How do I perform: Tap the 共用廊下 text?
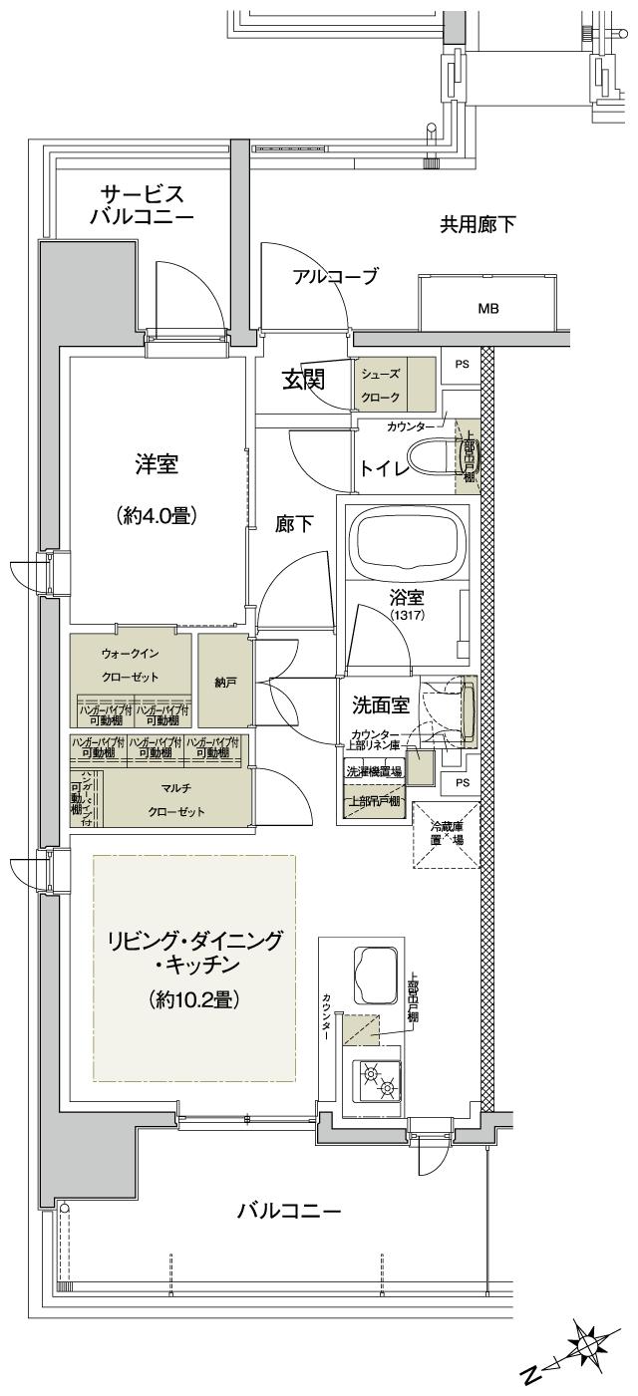(478, 224)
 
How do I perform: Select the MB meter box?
(487, 308)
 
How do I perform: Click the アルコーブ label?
(335, 277)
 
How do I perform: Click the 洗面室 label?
(380, 704)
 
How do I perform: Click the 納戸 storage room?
(223, 684)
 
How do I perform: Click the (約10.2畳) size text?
(194, 997)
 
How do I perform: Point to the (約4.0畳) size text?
(157, 515)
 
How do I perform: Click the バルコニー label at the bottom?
(289, 1212)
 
